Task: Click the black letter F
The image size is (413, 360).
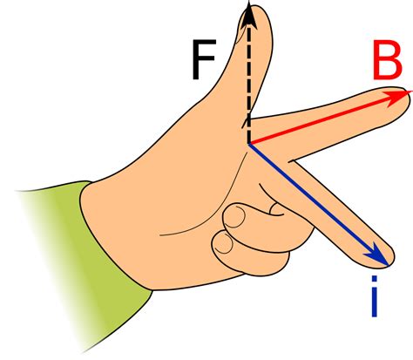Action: tap(203, 59)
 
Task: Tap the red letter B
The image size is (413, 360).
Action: tap(387, 60)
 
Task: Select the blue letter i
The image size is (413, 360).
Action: tap(375, 295)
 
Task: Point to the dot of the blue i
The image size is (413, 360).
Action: tap(375, 278)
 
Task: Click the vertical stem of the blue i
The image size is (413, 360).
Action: tap(375, 302)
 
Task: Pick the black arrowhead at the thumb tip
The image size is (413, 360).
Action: tap(248, 15)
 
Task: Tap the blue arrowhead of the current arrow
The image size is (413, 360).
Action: tap(376, 255)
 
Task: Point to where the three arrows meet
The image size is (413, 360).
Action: tap(249, 144)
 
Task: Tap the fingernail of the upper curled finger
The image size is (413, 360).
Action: tap(234, 216)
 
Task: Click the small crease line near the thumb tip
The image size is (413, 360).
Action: tap(241, 32)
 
